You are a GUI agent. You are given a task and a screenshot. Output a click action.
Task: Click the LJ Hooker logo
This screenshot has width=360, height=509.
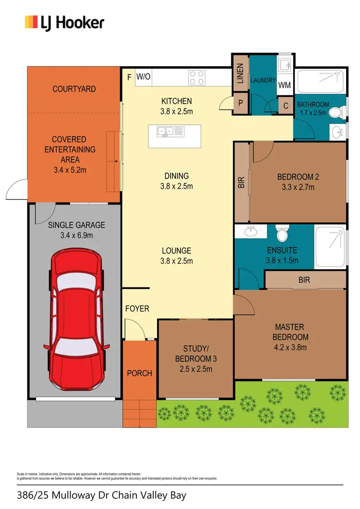click(64, 23)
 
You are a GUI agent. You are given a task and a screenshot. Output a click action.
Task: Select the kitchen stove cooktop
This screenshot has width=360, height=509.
click(196, 77)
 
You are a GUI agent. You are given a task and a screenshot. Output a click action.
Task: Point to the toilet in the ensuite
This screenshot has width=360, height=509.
click(282, 235)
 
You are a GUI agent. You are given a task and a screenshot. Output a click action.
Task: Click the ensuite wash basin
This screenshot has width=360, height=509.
click(250, 232)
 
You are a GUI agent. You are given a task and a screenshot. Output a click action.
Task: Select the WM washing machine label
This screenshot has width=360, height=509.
click(285, 86)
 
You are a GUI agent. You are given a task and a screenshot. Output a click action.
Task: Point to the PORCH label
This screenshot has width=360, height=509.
click(139, 373)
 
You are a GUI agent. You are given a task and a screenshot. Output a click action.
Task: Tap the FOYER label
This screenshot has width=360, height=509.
click(137, 308)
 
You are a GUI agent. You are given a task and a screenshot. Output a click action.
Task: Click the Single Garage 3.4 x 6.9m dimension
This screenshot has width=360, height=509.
click(77, 235)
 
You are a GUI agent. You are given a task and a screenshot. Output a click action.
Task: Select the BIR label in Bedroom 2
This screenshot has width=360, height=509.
click(241, 182)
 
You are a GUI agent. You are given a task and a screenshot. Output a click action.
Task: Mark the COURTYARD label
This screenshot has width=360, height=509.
click(74, 89)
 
